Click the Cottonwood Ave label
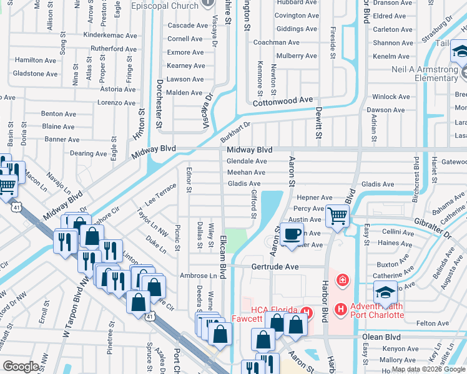coord(281,100)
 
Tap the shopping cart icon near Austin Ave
coord(338,216)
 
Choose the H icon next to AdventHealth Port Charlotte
coord(340,309)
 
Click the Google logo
coord(21,367)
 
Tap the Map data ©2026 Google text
coord(428,370)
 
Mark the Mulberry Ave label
coord(296,56)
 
